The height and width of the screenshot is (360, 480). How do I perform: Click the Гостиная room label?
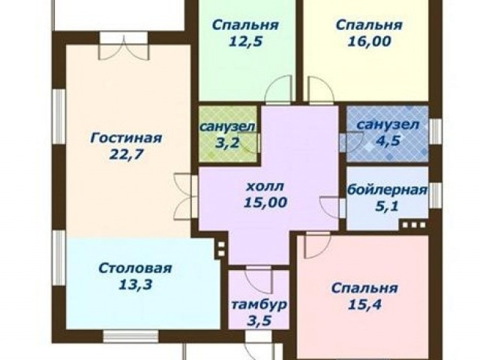point(126,138)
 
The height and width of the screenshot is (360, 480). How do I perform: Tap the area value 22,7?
point(126,155)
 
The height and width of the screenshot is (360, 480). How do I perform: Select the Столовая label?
point(135,268)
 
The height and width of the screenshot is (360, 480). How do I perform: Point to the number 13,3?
point(135,285)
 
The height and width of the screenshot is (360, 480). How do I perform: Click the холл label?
point(265,186)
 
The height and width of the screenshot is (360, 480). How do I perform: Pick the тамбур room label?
point(259,305)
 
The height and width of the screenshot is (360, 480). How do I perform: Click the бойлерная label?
point(387,190)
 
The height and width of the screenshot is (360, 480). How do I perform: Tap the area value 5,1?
point(387,206)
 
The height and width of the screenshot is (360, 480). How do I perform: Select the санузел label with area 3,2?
point(226,126)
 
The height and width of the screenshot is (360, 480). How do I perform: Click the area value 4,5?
point(388,141)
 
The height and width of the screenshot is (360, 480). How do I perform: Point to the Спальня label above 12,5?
point(245,25)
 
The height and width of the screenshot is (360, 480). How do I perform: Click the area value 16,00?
point(369,41)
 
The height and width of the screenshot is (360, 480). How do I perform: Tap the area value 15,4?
point(364,304)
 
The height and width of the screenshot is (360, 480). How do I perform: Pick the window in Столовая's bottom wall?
point(130,336)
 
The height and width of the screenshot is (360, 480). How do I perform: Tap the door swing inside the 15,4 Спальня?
point(317,245)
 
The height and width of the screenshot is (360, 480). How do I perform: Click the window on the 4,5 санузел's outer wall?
point(435,131)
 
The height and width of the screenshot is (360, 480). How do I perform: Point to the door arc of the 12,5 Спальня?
point(277,88)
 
